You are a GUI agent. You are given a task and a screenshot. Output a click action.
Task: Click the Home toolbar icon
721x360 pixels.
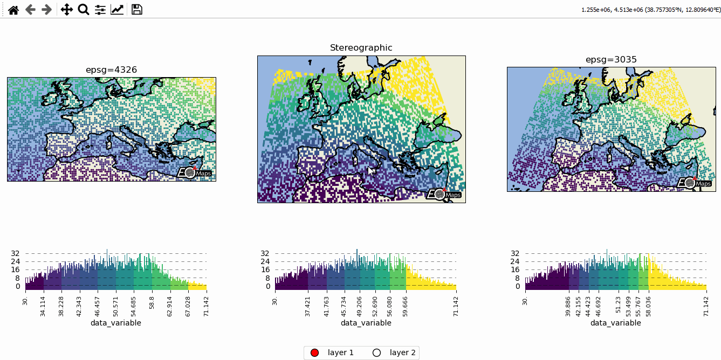[13, 10]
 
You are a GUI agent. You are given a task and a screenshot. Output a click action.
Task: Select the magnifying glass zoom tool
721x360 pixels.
[83, 10]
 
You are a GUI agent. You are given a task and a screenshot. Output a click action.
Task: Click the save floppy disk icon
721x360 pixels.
[137, 10]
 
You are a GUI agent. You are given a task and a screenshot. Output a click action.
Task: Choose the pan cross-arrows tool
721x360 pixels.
[66, 10]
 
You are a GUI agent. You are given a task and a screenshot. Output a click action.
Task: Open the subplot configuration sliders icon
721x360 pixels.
[100, 10]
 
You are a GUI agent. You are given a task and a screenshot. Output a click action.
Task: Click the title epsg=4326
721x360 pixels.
[111, 70]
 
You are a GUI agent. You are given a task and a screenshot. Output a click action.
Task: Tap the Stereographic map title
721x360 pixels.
[361, 48]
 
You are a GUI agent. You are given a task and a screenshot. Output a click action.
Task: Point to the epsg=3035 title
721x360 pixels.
[611, 60]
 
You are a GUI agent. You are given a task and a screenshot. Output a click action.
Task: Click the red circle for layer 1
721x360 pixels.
[315, 352]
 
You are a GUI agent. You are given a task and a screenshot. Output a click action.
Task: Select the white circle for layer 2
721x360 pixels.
[377, 352]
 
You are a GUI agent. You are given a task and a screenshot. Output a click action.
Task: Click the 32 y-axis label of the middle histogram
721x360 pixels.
[265, 253]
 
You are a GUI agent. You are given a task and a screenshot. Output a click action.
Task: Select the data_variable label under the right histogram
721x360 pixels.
[615, 323]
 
